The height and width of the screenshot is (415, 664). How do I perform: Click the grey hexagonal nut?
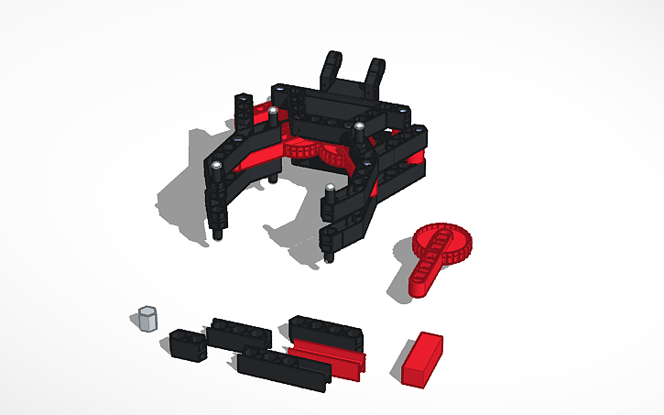click(147, 318)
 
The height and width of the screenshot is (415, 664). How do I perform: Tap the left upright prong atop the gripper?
click(331, 68)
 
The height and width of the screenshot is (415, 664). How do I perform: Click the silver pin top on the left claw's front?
click(216, 166)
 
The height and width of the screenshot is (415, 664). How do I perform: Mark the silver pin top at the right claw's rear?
click(360, 126)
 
